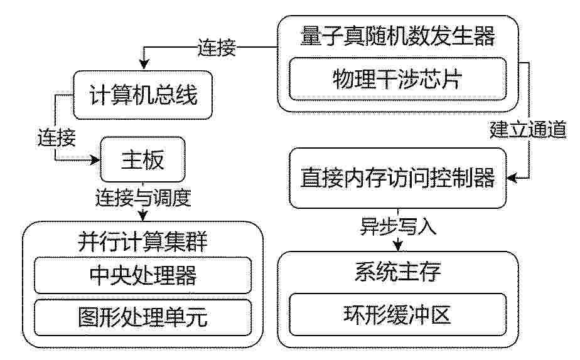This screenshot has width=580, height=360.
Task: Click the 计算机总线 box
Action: tap(142, 95)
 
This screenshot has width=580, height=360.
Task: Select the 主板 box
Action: tap(142, 159)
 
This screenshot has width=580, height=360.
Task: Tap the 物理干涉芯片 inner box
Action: tap(397, 79)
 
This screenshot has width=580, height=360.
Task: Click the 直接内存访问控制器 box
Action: tap(397, 177)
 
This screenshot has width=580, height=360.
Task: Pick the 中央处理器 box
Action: tap(142, 275)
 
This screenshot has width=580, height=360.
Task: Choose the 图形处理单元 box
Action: tap(142, 317)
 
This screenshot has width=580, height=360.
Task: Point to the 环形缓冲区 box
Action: tap(397, 315)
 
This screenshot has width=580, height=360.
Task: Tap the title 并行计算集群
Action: tap(142, 241)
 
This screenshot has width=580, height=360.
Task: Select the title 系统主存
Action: tap(397, 272)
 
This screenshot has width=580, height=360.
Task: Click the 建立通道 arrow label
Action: tap(528, 129)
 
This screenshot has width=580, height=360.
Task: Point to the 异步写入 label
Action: tap(399, 226)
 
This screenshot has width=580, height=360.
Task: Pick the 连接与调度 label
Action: tap(143, 198)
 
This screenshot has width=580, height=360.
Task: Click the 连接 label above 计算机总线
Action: tap(217, 48)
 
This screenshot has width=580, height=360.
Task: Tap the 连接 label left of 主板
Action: tap(56, 138)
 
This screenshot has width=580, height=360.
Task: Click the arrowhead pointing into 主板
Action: tap(96, 160)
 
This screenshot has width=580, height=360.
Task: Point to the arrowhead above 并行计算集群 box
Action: tap(142, 216)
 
